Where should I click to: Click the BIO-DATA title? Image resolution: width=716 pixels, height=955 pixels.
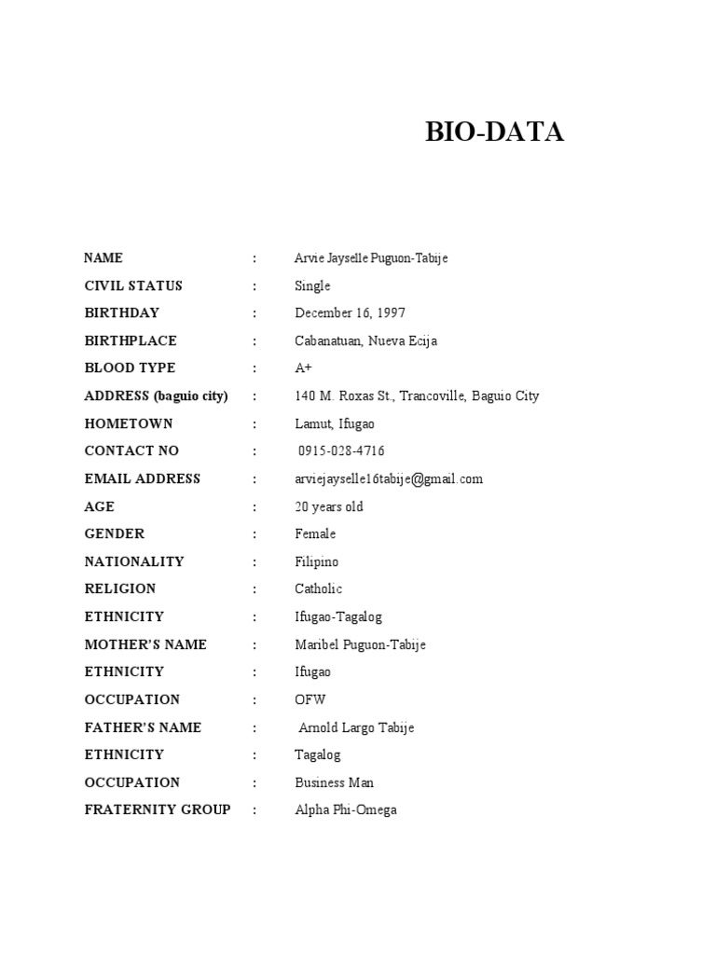click(x=494, y=133)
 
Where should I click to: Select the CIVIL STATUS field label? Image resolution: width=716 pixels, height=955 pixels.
click(x=133, y=286)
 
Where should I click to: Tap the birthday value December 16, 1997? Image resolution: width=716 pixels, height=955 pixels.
click(x=350, y=313)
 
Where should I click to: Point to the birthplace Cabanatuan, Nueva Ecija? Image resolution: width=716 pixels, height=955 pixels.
click(x=365, y=341)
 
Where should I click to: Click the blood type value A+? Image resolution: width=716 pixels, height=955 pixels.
click(x=303, y=368)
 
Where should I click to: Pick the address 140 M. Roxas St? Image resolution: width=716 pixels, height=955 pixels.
click(x=417, y=396)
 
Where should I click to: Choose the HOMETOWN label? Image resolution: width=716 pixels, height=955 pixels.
click(x=129, y=423)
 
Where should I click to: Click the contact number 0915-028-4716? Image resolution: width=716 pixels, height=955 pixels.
click(x=341, y=451)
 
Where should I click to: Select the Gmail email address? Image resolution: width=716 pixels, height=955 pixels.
click(x=389, y=479)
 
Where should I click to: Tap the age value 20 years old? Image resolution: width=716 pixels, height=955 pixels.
click(x=329, y=507)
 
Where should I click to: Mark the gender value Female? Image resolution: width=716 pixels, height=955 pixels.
click(x=315, y=534)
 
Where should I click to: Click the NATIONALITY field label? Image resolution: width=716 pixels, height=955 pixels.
click(x=134, y=562)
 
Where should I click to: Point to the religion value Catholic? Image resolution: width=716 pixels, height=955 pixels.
click(x=318, y=589)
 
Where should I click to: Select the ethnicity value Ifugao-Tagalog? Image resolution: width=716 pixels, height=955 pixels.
click(x=338, y=617)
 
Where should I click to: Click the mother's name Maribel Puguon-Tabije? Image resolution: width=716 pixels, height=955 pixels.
click(x=360, y=645)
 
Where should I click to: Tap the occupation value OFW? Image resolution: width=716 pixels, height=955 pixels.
click(x=310, y=700)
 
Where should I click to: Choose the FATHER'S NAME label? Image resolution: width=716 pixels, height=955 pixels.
click(x=143, y=727)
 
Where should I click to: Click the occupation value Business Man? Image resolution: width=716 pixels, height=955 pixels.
click(x=335, y=783)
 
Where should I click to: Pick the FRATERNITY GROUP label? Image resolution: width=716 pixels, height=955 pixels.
click(x=158, y=810)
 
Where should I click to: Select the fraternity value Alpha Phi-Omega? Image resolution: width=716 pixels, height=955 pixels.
click(x=346, y=810)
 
